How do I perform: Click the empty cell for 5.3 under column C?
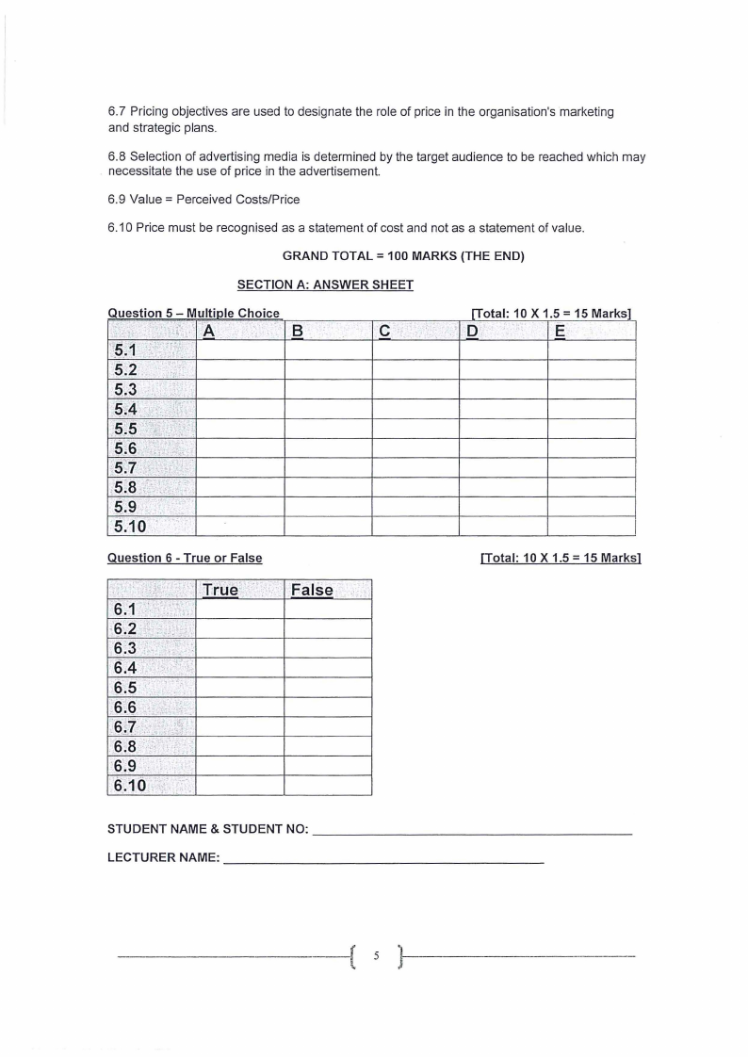(x=415, y=389)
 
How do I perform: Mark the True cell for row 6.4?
(x=239, y=668)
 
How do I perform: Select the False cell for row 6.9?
(x=328, y=766)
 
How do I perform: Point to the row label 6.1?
(x=125, y=610)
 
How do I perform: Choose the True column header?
(x=220, y=590)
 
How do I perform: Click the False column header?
(x=312, y=590)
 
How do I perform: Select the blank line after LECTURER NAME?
(x=383, y=861)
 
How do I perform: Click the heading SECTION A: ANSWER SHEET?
(x=325, y=285)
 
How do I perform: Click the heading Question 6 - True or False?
(x=185, y=558)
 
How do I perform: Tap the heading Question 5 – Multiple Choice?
(x=193, y=313)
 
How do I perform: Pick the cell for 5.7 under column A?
(x=239, y=467)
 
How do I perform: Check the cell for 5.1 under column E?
(x=591, y=350)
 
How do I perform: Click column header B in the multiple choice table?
(x=298, y=331)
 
